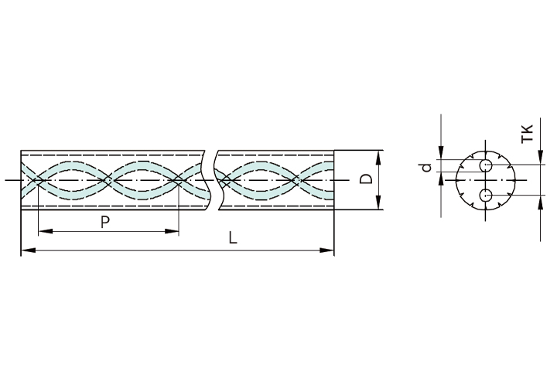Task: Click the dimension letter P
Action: (104, 222)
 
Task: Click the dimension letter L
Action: (233, 237)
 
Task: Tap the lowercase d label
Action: (426, 167)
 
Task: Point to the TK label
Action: (527, 134)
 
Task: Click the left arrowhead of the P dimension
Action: (45, 231)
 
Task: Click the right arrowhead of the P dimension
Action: (172, 231)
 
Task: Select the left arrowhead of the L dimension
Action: (29, 250)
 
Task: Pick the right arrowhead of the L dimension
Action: (326, 250)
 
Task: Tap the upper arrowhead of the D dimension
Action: (378, 158)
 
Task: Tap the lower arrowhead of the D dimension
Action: (378, 203)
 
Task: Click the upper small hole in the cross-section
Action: (486, 165)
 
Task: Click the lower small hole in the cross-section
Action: (486, 195)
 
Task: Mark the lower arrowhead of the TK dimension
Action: (540, 203)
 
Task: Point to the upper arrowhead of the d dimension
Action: (441, 153)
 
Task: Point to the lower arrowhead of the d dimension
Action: (441, 179)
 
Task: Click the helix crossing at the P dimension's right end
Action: (178, 180)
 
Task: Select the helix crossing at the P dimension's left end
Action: (38, 180)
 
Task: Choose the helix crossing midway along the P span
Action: (108, 180)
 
